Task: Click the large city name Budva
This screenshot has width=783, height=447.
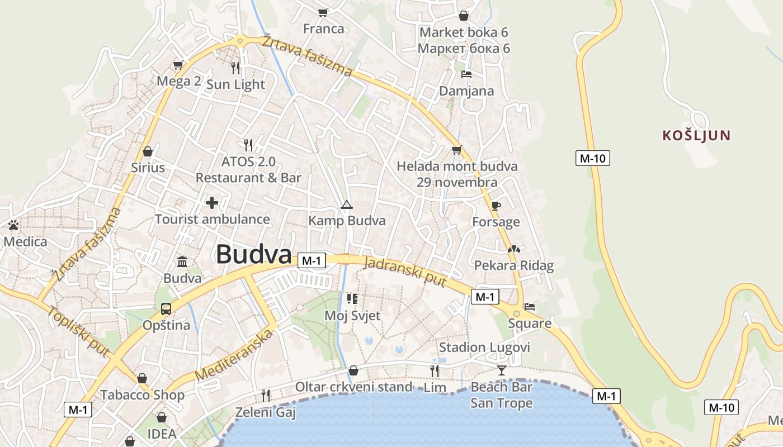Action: point(254,255)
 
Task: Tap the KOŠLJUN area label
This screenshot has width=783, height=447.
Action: point(696,135)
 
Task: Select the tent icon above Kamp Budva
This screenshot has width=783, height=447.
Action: point(347,205)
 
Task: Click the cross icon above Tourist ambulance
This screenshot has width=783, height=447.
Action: point(212,202)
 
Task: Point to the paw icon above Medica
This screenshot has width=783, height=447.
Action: point(13,225)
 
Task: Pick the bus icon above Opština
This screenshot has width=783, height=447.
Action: point(166,308)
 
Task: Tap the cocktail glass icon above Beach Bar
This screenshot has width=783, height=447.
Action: point(501,370)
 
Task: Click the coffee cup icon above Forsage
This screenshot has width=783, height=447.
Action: point(496,206)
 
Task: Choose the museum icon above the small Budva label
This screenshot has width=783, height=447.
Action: point(182,261)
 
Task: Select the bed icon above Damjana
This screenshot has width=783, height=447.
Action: point(466,74)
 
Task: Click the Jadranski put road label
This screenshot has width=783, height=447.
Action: point(405,272)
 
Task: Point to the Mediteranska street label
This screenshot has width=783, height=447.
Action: point(234,355)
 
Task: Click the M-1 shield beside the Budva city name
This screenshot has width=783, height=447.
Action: point(312,260)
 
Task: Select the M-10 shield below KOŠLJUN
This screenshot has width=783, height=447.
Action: point(592,158)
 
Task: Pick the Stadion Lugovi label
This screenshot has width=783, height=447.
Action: point(484,348)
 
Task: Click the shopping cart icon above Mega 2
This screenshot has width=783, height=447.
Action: point(178,65)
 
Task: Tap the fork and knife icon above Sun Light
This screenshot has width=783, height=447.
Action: point(235,68)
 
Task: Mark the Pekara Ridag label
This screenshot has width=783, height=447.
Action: point(513,265)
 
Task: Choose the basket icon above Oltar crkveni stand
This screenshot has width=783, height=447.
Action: point(353,370)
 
